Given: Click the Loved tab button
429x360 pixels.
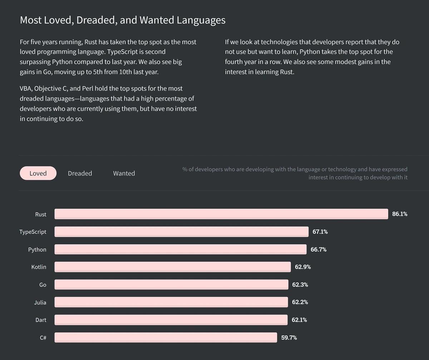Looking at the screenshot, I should pos(38,173).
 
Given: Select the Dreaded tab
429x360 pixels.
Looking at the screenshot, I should pos(80,173).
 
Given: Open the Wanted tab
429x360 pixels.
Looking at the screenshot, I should pos(124,173).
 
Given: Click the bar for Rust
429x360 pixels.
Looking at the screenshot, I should pos(221,214).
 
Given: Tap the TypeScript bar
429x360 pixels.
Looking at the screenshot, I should pos(181,232).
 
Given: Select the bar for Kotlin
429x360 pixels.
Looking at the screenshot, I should pos(172,267).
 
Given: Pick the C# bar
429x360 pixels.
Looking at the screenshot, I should pos(166,337).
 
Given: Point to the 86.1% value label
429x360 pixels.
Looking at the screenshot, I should pos(400,214).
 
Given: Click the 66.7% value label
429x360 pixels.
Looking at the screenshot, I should pos(319,249).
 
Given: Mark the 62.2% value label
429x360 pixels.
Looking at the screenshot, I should pos(300,302).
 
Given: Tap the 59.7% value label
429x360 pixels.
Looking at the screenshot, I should pos(289,337).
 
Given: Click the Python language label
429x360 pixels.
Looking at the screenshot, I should pos(37,249).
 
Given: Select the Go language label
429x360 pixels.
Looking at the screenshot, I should pos(43,284).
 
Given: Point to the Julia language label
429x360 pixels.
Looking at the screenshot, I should pos(40,302).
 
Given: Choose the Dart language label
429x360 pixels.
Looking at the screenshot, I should pos(41,320).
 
